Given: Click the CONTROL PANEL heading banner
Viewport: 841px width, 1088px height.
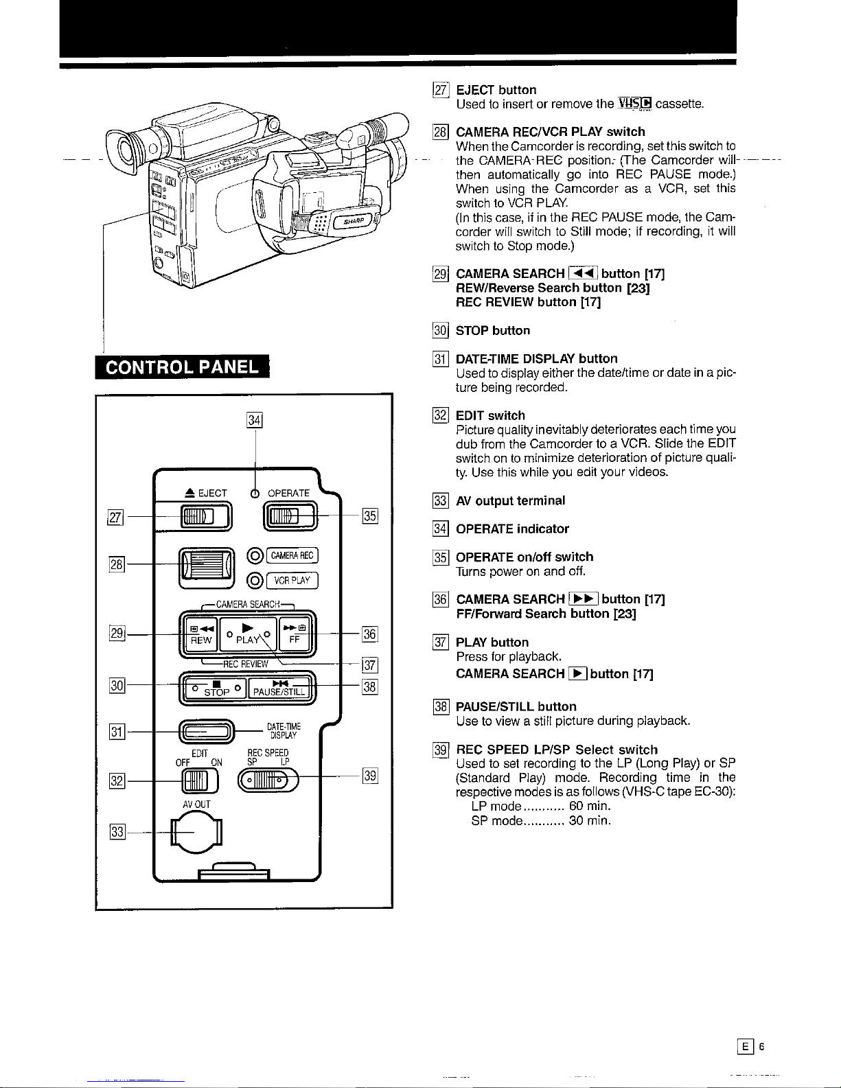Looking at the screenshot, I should (183, 367).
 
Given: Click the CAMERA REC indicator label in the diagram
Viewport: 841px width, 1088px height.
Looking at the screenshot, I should (292, 555).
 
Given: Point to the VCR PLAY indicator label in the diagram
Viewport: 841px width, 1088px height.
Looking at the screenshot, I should (292, 581).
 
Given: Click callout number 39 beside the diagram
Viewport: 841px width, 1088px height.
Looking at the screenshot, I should (370, 776).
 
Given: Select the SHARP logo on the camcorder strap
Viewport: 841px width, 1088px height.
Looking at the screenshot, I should (354, 222).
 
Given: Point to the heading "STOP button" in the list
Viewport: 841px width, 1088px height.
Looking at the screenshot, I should (493, 331).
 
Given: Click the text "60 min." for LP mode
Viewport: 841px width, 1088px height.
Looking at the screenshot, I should (590, 806).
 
